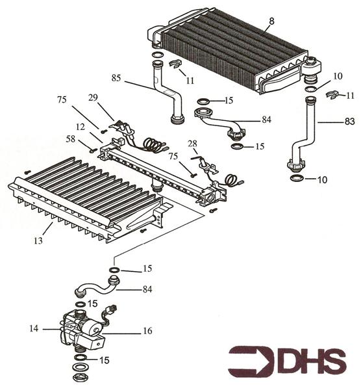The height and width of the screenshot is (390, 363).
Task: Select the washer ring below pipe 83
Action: pos(296,177)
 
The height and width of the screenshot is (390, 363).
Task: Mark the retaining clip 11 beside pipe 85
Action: pos(173,64)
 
